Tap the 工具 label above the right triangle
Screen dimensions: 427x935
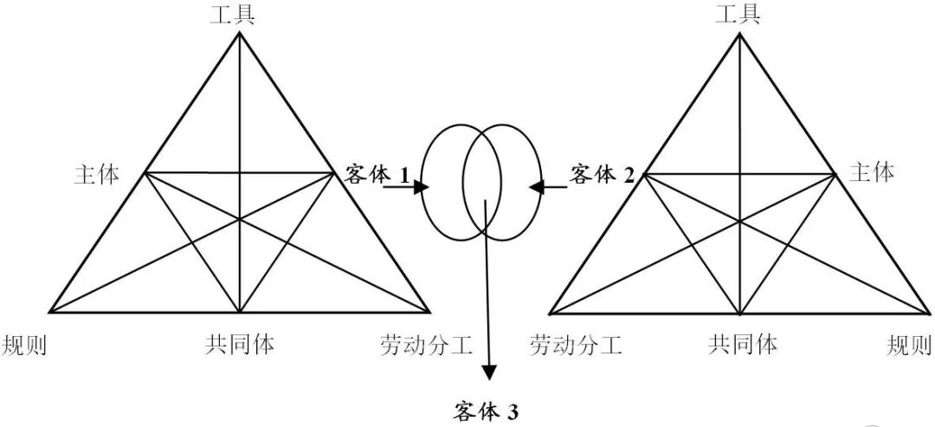738,15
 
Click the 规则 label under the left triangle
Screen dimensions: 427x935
24,346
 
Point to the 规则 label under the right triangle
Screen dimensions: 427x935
910,346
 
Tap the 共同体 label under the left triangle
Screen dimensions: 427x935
240,345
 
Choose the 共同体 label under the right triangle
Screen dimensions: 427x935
743,345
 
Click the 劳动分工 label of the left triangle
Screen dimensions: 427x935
426,346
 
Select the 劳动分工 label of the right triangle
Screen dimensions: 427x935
576,346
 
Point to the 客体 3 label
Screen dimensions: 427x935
487,411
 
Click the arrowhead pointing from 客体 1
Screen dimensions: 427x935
424,185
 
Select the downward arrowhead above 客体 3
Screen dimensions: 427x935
490,372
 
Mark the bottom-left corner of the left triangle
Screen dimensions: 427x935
49,311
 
